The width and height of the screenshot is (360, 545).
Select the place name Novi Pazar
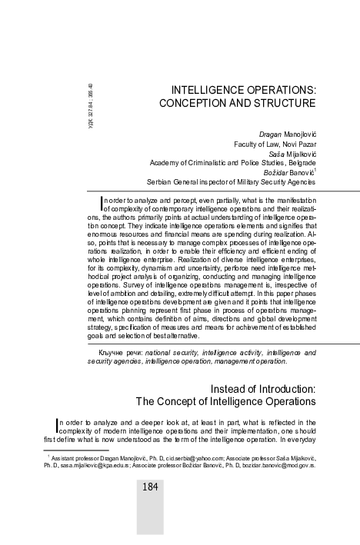point(295,143)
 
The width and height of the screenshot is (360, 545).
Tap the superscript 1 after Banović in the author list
point(313,170)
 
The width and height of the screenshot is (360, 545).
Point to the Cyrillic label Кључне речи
point(120,351)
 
